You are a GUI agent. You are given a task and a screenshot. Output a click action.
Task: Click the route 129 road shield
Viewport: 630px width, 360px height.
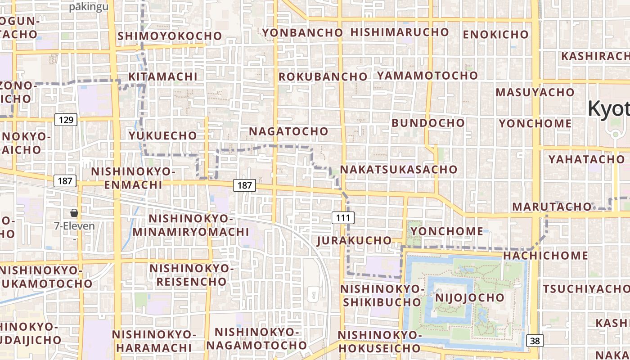[66, 120]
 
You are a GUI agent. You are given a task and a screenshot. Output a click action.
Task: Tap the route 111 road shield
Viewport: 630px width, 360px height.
[343, 218]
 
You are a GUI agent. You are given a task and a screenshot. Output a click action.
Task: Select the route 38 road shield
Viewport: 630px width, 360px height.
[535, 341]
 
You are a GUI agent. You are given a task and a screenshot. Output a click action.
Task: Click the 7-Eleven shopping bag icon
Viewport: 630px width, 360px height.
[74, 213]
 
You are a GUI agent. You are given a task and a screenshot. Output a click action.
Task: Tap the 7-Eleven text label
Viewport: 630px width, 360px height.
[75, 226]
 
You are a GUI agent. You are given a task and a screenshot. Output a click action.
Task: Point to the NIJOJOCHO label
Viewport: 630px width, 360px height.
[470, 297]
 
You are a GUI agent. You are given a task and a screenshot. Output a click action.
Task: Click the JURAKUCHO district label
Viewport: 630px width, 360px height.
[355, 240]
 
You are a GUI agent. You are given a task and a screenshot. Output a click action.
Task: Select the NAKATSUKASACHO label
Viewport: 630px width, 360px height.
[399, 170]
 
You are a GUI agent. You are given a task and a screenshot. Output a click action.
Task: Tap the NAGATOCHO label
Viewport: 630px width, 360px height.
[289, 131]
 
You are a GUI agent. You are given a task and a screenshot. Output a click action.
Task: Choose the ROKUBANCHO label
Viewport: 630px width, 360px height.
[323, 77]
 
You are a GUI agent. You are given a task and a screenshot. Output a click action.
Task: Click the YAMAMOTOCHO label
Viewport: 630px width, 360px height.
[427, 75]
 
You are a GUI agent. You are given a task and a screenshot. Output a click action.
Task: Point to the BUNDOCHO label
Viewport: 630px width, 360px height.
[428, 123]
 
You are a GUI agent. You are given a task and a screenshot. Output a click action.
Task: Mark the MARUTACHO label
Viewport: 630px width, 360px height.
[552, 207]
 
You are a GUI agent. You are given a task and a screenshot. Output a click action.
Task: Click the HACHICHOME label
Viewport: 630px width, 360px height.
[545, 256]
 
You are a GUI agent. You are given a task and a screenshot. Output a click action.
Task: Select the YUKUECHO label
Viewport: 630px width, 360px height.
[163, 135]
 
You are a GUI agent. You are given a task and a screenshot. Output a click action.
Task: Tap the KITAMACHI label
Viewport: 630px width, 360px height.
[163, 76]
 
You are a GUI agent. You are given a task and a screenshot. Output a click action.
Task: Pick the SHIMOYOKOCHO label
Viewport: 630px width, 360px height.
[170, 36]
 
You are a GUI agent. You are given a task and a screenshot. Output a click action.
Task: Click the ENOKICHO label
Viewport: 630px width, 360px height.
[495, 34]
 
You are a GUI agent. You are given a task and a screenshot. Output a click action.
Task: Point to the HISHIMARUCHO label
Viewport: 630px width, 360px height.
[400, 32]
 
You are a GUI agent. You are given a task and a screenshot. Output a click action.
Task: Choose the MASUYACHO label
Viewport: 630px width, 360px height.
[535, 92]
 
